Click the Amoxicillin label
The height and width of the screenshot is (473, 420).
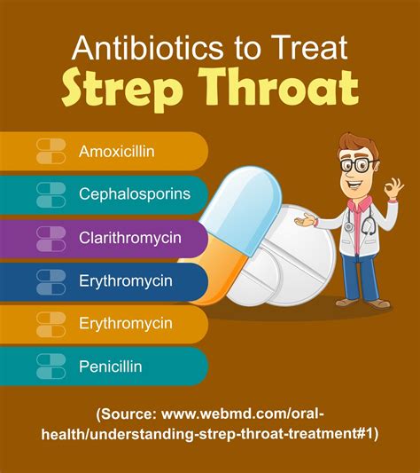tap(117, 151)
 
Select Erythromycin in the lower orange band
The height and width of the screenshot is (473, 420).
tap(125, 323)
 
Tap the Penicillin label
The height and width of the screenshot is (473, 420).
tap(111, 366)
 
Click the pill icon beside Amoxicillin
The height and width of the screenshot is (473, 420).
tap(51, 151)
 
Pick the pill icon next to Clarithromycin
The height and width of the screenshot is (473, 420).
tap(51, 238)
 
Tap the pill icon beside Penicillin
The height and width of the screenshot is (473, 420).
tap(51, 366)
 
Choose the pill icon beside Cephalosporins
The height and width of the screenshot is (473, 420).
tap(51, 194)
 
